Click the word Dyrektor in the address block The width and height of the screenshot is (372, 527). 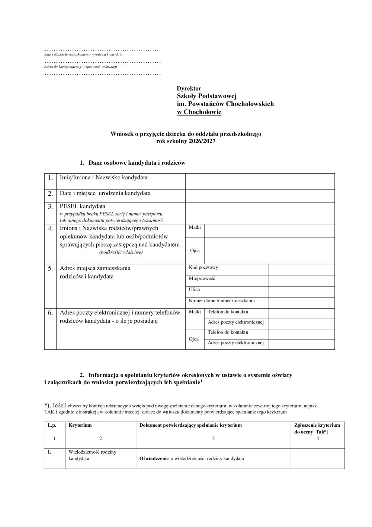click(189, 89)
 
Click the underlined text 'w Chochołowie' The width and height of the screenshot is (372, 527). click(199, 112)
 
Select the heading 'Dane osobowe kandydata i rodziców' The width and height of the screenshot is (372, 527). click(137, 163)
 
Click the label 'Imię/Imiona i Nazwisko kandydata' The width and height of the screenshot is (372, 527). click(103, 177)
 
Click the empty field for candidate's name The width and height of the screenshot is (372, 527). click(260, 181)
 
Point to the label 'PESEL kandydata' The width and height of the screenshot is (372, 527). click(83, 206)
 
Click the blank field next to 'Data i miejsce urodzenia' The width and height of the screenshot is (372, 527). click(260, 196)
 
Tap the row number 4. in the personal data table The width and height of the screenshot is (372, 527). click(50, 228)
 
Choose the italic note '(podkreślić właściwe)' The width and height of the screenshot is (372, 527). click(121, 252)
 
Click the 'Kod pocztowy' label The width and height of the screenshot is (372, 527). click(203, 268)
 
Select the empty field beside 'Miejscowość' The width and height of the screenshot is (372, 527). click(301, 280)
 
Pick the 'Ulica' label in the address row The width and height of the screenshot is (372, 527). click(194, 290)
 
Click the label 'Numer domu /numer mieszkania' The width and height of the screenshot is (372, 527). click(222, 301)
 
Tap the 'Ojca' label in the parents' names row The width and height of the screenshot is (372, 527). click(195, 250)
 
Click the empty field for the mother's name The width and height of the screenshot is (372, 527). click(269, 231)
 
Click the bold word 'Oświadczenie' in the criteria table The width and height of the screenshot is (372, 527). click(154, 458)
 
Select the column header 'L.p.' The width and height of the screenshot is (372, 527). click(51, 425)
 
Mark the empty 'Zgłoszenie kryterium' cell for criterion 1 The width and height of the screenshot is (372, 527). click(317, 458)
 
